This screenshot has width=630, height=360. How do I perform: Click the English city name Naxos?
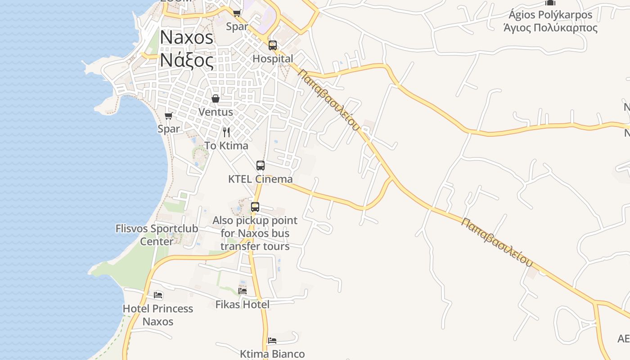coord(186,37)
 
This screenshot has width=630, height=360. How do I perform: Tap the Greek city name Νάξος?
coord(186,59)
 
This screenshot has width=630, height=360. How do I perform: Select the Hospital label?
coord(273,59)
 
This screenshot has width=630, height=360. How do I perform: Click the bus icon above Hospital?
coord(273,45)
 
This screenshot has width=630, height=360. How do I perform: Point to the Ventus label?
coord(216,112)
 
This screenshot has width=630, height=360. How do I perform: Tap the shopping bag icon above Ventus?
coord(216,99)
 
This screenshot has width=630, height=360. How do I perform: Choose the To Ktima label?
coord(226,146)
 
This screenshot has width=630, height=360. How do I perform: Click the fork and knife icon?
coord(226,132)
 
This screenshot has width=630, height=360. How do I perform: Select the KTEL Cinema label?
coord(260,179)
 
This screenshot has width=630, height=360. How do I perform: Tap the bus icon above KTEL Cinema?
coord(261,166)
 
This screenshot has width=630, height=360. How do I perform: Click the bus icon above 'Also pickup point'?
coord(255,207)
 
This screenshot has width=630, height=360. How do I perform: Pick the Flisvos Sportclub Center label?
coord(157,235)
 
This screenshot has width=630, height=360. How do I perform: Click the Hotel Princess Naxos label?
coord(158,315)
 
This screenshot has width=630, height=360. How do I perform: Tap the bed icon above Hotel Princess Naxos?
coord(158,295)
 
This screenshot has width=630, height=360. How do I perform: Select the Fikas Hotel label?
coord(243,305)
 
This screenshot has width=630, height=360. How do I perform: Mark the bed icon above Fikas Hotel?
coord(243,291)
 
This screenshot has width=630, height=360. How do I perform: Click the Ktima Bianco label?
coord(272,354)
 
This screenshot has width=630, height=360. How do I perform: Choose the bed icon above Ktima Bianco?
coord(272,341)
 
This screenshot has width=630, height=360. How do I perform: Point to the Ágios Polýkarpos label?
coord(550,21)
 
